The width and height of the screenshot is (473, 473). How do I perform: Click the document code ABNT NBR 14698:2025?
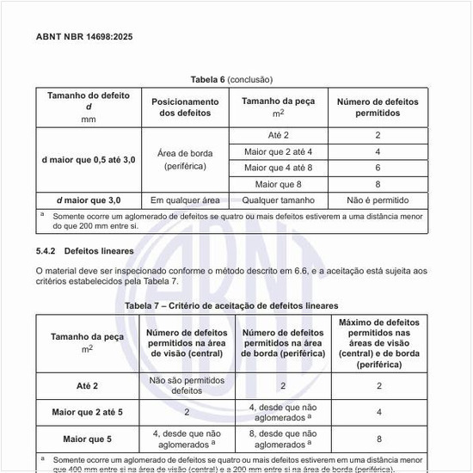click(84, 37)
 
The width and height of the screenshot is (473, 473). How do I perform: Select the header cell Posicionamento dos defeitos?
click(185, 107)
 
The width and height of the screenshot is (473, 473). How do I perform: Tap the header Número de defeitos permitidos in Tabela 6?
click(378, 107)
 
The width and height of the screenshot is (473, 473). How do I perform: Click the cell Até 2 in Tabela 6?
click(278, 136)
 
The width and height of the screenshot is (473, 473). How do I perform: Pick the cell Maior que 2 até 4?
click(278, 151)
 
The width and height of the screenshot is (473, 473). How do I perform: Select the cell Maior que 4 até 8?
click(278, 167)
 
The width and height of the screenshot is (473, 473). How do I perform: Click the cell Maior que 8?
click(278, 183)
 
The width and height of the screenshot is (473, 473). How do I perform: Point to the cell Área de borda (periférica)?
click(185, 159)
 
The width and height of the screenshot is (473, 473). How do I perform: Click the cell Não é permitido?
click(378, 200)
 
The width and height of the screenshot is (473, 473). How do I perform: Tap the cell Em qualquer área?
click(185, 200)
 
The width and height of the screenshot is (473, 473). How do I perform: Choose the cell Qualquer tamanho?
click(278, 200)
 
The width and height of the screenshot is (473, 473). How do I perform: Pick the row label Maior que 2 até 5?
click(87, 412)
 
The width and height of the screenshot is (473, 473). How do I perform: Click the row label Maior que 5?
click(87, 439)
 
